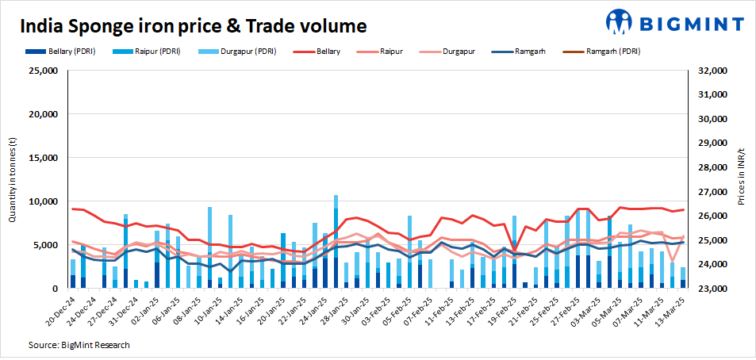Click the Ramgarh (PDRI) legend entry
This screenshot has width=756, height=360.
604,52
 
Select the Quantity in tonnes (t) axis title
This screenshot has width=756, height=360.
13,179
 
